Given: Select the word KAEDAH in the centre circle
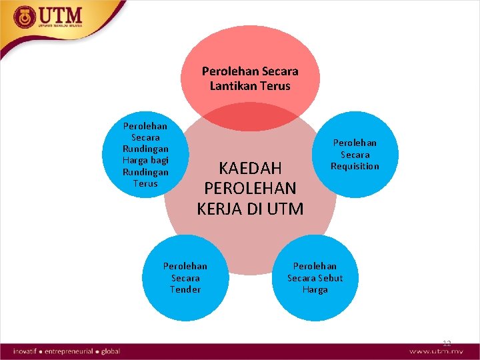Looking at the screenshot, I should tap(250, 167).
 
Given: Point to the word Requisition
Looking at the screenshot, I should tap(355, 166).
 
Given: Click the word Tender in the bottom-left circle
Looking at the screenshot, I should tap(185, 289).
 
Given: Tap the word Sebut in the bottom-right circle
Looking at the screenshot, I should tap(329, 278).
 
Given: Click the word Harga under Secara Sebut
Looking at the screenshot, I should tap(315, 290).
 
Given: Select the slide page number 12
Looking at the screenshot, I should tap(447, 343).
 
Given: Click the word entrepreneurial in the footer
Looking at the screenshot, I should tap(71, 351).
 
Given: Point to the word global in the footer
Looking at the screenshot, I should tap(111, 351).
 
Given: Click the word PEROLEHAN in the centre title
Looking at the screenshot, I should tap(250, 187).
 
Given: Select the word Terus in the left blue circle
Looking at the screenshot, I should tap(145, 183).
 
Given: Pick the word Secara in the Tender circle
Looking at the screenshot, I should tap(185, 278).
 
